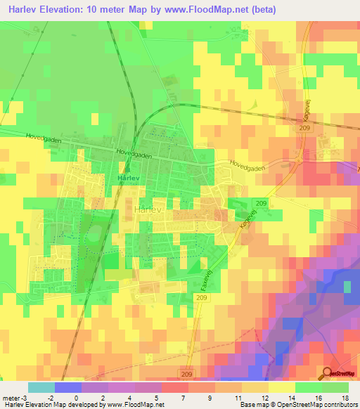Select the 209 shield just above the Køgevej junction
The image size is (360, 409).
coord(261,203)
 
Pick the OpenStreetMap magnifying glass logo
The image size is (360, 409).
coord(328,372)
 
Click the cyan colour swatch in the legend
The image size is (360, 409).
coord(41,387)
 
